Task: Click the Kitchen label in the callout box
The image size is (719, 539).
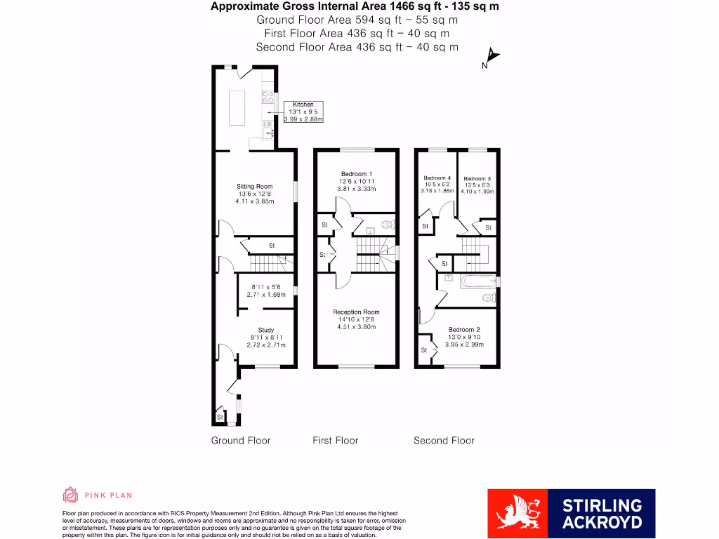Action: click(x=303, y=105)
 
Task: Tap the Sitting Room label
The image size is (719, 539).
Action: click(x=253, y=187)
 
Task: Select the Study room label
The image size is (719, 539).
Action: click(x=266, y=330)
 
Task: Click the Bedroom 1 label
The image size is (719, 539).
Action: click(x=357, y=174)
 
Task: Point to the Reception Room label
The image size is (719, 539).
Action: click(x=356, y=312)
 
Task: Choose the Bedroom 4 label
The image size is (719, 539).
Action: click(x=437, y=178)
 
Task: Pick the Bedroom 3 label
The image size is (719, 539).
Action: click(x=477, y=178)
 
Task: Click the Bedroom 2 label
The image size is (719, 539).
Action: click(x=464, y=330)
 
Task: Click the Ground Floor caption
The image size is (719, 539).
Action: click(x=241, y=441)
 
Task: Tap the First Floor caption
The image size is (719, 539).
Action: click(x=335, y=441)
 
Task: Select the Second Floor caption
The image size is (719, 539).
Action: click(x=444, y=441)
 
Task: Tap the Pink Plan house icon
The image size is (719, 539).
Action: click(x=70, y=495)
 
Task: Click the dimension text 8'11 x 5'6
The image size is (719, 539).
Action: click(x=266, y=287)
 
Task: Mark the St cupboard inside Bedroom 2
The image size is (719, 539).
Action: click(x=424, y=350)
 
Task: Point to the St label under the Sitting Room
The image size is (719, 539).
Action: click(x=271, y=246)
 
